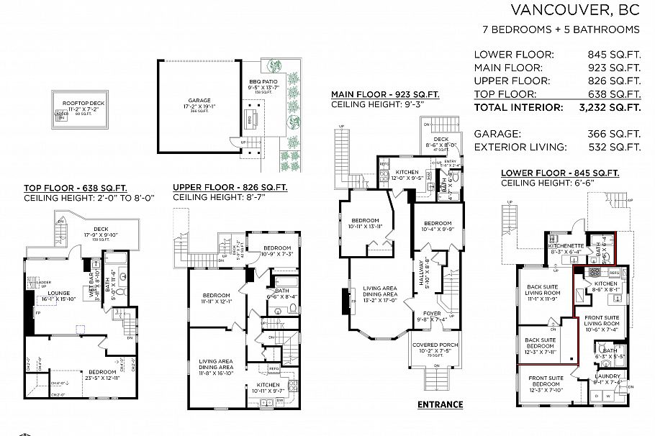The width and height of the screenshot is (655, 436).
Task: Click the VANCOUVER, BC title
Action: (574, 9)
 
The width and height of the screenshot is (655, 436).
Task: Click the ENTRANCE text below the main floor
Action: (440, 404)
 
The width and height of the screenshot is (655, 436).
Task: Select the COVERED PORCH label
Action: (432, 345)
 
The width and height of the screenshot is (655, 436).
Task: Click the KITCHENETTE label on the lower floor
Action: (564, 245)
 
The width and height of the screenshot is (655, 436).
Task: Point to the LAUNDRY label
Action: (608, 376)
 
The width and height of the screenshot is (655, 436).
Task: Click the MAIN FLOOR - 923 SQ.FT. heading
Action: (384, 94)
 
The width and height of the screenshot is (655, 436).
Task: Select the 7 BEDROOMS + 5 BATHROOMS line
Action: (561, 29)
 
